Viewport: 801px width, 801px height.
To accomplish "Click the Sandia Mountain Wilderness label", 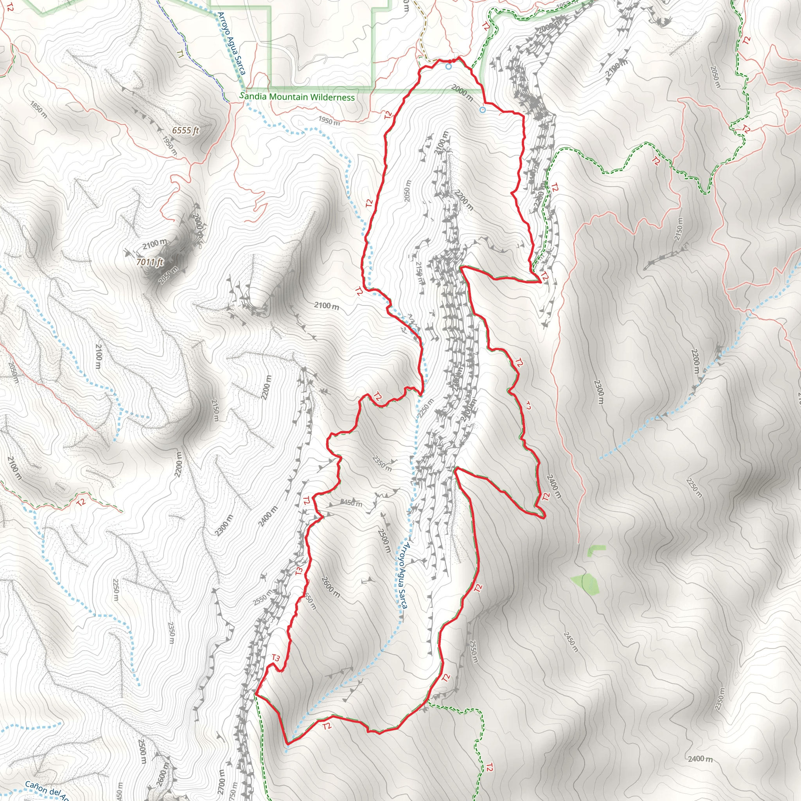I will [x=297, y=97].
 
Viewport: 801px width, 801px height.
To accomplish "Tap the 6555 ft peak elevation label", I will [x=185, y=130].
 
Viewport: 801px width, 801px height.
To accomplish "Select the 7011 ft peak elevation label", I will [x=150, y=262].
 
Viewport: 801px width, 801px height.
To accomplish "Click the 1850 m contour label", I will [x=39, y=110].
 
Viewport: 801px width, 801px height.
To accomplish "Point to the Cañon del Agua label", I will [x=47, y=790].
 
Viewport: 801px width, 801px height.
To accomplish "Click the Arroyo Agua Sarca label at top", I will [x=232, y=43].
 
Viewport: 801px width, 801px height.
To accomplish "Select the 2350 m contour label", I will [x=382, y=463].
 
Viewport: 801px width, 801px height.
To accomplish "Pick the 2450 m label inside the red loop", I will [x=351, y=504].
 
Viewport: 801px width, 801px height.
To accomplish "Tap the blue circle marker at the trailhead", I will [x=448, y=66].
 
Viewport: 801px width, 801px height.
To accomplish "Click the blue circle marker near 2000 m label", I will [x=482, y=110].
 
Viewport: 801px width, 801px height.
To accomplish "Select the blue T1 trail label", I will [x=180, y=54].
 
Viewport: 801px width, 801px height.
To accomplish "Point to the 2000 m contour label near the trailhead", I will [x=462, y=93].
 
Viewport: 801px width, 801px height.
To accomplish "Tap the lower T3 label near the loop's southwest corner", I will [x=276, y=658].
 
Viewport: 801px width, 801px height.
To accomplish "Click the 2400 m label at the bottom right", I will [x=700, y=759].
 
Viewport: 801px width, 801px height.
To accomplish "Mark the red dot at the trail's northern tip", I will [x=451, y=61].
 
